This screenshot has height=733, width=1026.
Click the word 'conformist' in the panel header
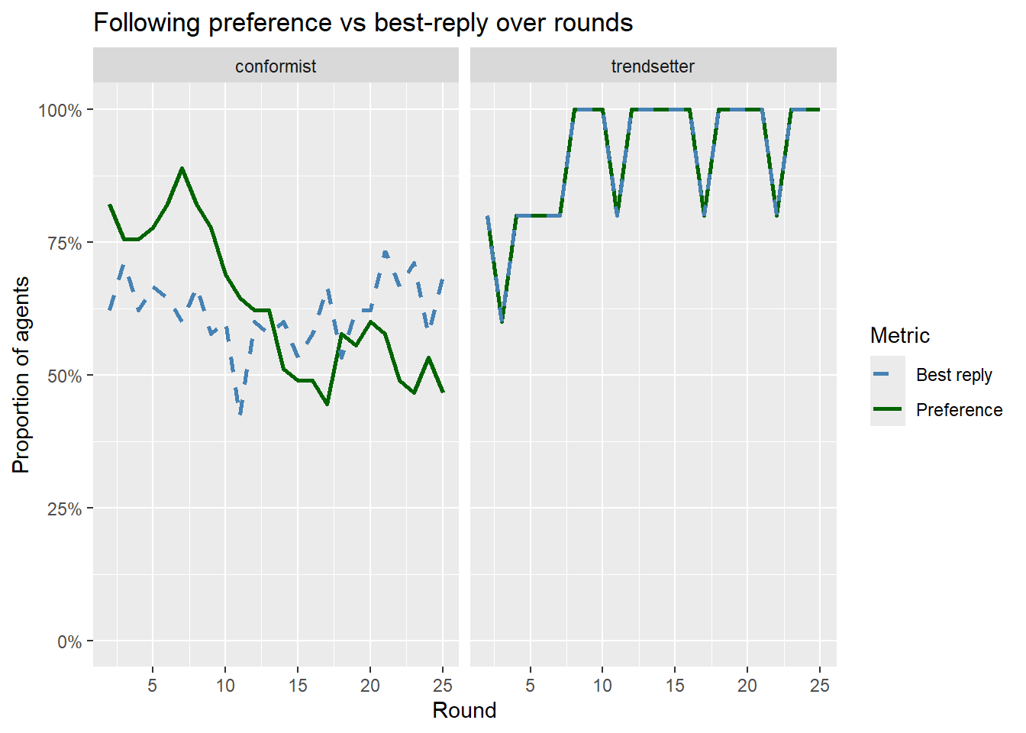click(275, 66)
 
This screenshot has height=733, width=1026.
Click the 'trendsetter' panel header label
click(653, 66)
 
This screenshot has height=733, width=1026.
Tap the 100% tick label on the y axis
click(60, 110)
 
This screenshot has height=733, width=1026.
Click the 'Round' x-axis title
click(464, 710)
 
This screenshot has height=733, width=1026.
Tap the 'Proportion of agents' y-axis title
click(21, 375)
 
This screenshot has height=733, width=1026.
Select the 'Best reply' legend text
click(953, 375)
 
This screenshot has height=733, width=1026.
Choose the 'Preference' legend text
click(959, 410)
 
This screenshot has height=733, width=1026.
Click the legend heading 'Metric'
click(899, 335)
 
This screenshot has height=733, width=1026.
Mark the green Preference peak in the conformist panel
click(182, 168)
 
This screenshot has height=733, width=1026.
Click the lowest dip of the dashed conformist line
click(240, 414)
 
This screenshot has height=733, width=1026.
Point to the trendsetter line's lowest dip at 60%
click(502, 322)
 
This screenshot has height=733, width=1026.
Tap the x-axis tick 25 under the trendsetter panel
click(819, 685)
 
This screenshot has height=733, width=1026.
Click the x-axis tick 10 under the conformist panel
click(225, 685)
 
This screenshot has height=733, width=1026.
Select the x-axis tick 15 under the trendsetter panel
click(675, 685)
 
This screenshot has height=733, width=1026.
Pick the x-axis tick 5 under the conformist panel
click(153, 685)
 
